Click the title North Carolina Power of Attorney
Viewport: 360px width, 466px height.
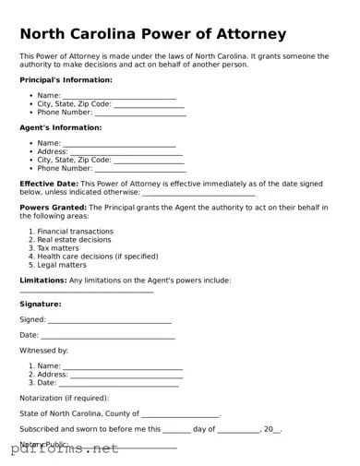click(x=152, y=34)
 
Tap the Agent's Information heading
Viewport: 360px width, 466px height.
click(x=60, y=127)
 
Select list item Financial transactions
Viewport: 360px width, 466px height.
click(x=76, y=231)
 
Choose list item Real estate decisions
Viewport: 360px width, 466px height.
click(x=74, y=239)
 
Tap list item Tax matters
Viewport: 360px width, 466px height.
click(x=58, y=247)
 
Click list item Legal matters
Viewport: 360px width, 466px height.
click(x=62, y=265)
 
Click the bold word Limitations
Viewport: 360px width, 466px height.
click(x=42, y=280)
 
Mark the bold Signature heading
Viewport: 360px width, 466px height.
click(x=41, y=304)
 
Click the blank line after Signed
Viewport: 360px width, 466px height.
click(x=109, y=321)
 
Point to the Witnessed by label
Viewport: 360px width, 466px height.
click(x=43, y=351)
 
